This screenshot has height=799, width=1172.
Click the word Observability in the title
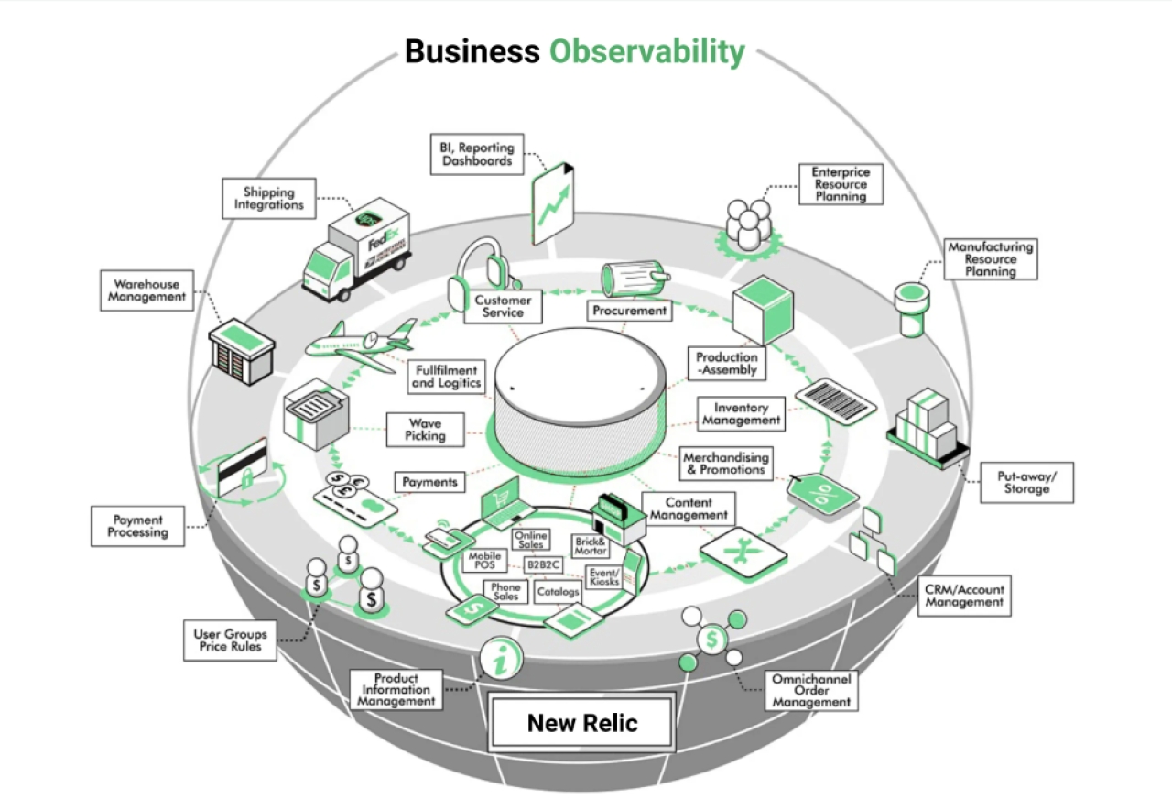[x=646, y=51]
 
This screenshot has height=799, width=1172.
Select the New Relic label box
[x=582, y=724]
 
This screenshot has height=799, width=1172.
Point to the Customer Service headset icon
[x=483, y=268]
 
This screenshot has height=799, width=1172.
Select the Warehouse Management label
[x=146, y=290]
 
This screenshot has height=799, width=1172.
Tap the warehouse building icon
[x=242, y=352]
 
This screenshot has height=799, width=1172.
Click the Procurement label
[x=629, y=311]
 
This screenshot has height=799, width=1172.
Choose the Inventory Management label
[x=742, y=413]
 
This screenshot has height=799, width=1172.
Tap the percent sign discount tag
[x=824, y=496]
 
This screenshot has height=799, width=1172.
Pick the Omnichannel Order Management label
[x=811, y=691]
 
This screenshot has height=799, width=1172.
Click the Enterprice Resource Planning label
[x=841, y=184]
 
